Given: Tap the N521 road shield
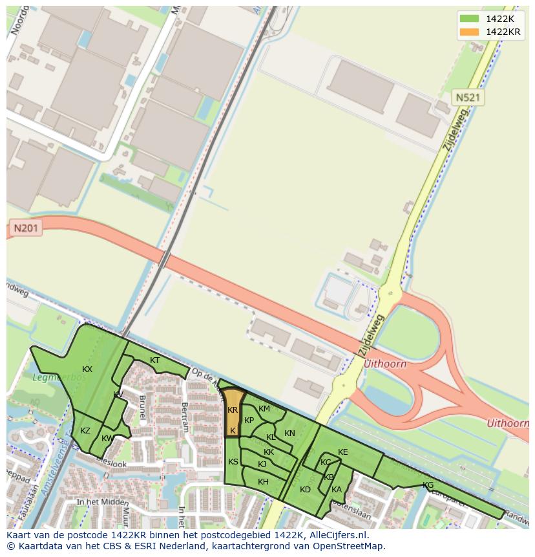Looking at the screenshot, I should [467, 98].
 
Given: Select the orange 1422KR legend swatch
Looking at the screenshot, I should [470, 32].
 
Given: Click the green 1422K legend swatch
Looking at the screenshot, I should [470, 19].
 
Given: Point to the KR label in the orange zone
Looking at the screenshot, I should [233, 410].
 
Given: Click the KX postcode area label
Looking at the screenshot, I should [87, 369].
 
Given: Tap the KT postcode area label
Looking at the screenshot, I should [154, 360].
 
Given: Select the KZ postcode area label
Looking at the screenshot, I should [85, 431].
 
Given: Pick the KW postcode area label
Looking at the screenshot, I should [107, 439].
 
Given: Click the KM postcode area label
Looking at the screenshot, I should [264, 409].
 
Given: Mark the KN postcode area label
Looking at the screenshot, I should [289, 433].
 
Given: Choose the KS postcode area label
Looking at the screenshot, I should [233, 461].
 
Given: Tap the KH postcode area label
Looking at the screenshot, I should [263, 482].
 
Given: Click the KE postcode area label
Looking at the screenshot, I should [342, 452].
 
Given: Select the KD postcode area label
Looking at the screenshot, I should [305, 490].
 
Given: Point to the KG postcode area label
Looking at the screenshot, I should [428, 485].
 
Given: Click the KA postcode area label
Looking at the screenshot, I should [336, 490].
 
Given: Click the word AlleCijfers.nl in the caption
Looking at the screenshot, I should [337, 535].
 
